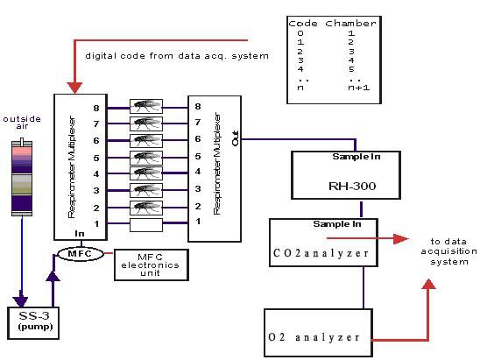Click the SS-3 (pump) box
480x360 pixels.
tap(33, 323)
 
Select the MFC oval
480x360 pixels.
tap(81, 254)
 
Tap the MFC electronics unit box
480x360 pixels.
tap(152, 265)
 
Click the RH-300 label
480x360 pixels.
tap(352, 186)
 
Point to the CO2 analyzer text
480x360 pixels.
tap(321, 253)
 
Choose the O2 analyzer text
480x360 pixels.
tap(314, 337)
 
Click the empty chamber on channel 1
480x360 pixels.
tap(146, 225)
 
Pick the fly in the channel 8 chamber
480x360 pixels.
tap(146, 106)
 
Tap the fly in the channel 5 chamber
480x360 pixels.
tap(146, 158)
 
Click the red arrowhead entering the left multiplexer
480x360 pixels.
tap(74, 88)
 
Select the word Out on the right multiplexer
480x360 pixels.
tap(236, 138)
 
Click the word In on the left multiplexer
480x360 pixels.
tap(80, 234)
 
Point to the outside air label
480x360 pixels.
tap(22, 122)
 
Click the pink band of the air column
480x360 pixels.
tap(22, 151)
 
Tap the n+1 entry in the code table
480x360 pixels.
tap(358, 88)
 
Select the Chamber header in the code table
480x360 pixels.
tap(350, 24)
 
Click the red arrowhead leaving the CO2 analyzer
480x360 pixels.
tap(400, 239)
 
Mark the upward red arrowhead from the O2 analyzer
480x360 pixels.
tap(428, 285)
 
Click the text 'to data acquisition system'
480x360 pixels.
tap(448, 251)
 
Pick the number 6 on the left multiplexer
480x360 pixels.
tap(96, 140)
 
